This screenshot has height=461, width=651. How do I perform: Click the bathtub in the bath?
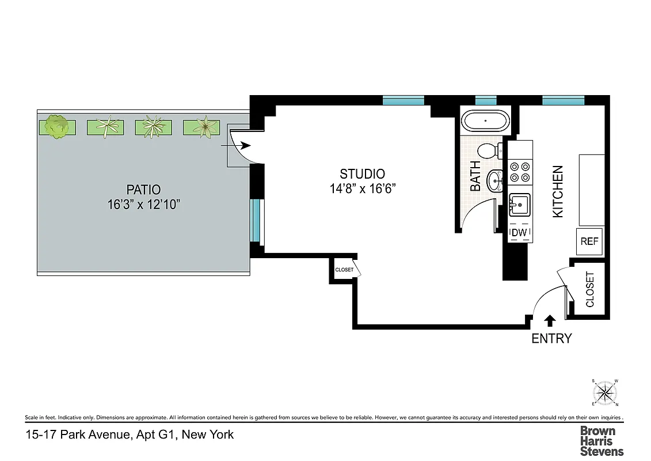tap(486, 122)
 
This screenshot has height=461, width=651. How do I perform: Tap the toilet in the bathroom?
tap(490, 151)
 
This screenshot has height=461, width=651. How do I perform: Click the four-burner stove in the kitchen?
tap(520, 172)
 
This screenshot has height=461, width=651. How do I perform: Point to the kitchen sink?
tap(520, 204)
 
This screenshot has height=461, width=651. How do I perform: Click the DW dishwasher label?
tap(520, 232)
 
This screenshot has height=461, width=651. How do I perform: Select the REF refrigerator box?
tap(589, 241)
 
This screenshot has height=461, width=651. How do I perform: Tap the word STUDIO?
tap(362, 173)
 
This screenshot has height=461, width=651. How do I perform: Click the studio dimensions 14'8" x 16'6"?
tap(363, 188)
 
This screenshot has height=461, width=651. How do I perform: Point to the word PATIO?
tap(143, 189)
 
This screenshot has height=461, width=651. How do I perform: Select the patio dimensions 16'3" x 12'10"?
tap(143, 204)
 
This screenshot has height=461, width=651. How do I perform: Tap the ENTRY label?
tap(551, 339)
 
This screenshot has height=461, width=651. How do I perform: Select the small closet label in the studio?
tap(344, 270)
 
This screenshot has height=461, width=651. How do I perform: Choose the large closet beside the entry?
tap(589, 289)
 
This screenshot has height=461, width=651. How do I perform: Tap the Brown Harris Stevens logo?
tap(601, 441)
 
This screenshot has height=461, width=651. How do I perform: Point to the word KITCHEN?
tap(558, 191)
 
